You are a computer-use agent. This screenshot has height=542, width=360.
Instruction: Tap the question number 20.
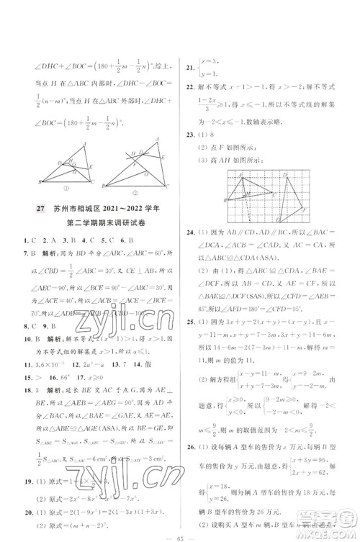point(27,505)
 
